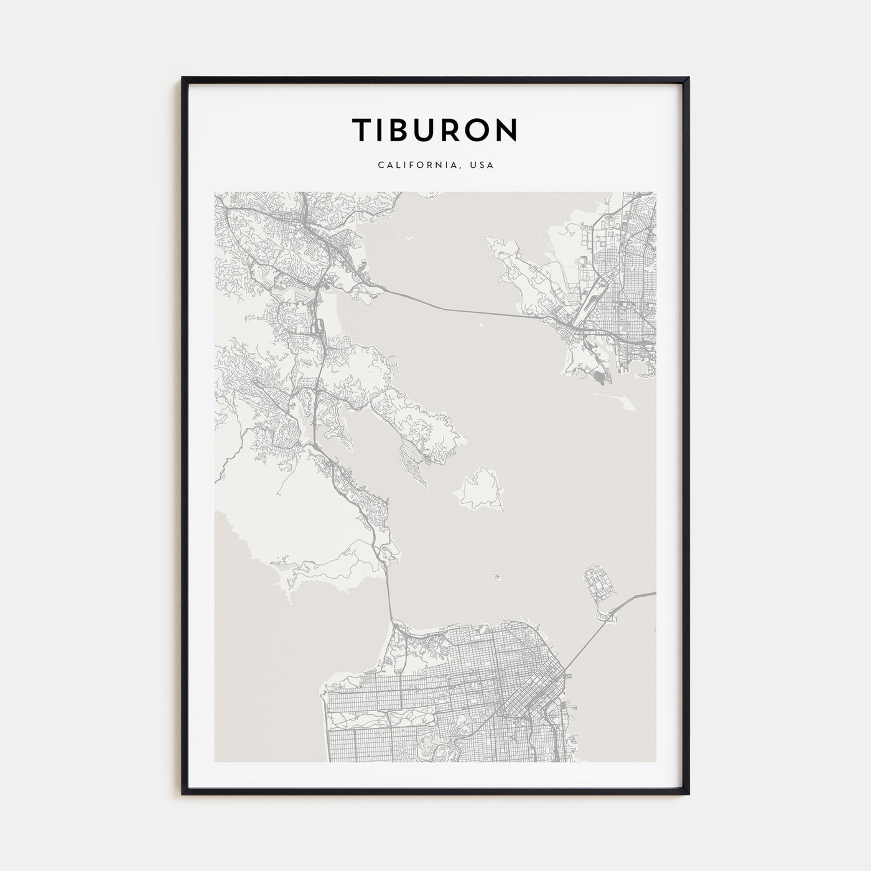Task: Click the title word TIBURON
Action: coord(435,129)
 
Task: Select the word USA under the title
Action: coord(483,165)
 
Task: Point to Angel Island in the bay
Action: coord(479,488)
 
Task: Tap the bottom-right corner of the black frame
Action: coord(688,793)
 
